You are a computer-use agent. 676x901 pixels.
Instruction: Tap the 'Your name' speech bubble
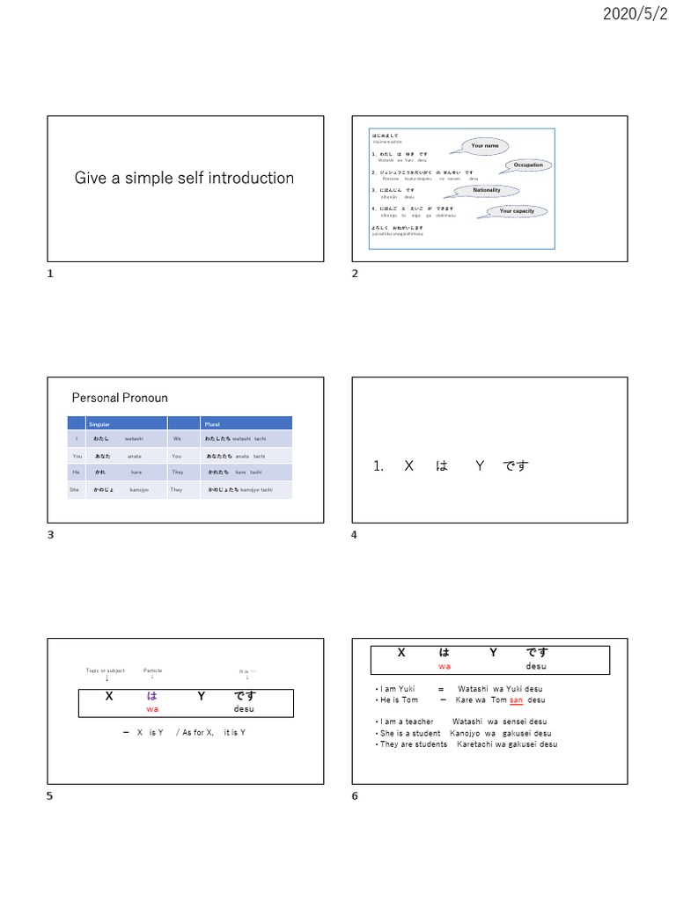(484, 145)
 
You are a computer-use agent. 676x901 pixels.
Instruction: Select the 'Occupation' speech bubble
(527, 165)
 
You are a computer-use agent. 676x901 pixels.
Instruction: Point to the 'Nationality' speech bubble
(487, 190)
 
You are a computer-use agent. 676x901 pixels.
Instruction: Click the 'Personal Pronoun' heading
(120, 398)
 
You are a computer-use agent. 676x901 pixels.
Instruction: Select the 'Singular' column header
(87, 424)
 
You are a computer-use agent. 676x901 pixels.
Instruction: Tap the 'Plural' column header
(212, 424)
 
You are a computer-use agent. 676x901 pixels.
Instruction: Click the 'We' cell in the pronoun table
(177, 438)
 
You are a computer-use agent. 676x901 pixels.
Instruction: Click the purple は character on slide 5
(152, 696)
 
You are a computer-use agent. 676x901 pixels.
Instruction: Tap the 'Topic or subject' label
(107, 670)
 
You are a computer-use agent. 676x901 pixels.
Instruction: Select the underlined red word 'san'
(516, 700)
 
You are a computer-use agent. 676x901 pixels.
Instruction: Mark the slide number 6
(355, 795)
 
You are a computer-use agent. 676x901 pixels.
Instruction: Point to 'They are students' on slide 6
(413, 744)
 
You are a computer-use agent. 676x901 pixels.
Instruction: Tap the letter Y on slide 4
(480, 465)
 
